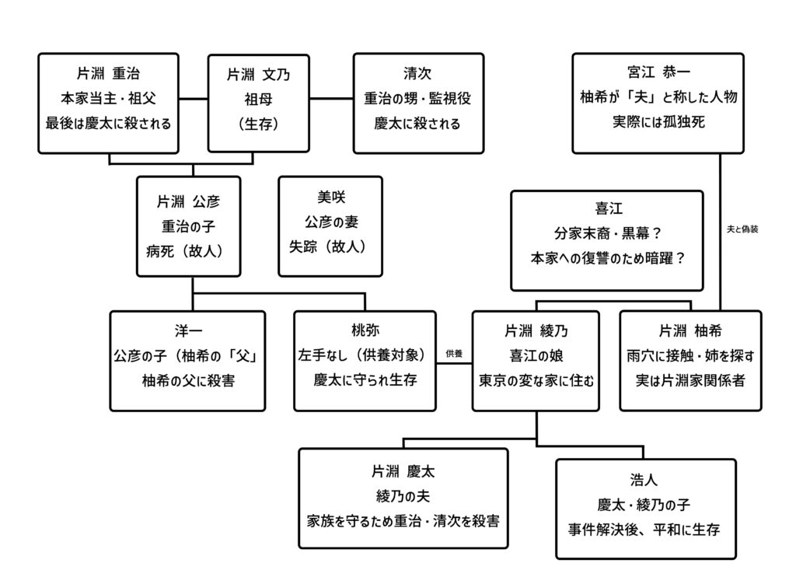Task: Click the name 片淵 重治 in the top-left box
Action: pos(108,75)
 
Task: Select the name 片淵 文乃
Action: pos(258,75)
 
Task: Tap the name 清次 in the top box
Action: pos(418,75)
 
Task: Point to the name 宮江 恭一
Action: pos(658,72)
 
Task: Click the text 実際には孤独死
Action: pos(658,122)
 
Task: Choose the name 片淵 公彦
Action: pos(188,202)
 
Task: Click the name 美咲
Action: pos(330,198)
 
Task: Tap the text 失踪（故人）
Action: pos(330,247)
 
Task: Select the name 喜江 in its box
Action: pos(606,208)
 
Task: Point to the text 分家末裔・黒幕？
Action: pos(606,233)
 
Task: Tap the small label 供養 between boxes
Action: pos(454,354)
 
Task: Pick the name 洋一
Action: pos(187,331)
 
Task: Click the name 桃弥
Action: pos(365,330)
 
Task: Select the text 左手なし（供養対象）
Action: pos(365,355)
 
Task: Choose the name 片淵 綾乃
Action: pos(536,331)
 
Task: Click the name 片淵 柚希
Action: pos(690,331)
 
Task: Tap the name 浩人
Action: pos(645,480)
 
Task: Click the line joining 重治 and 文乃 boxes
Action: pos(194,100)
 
